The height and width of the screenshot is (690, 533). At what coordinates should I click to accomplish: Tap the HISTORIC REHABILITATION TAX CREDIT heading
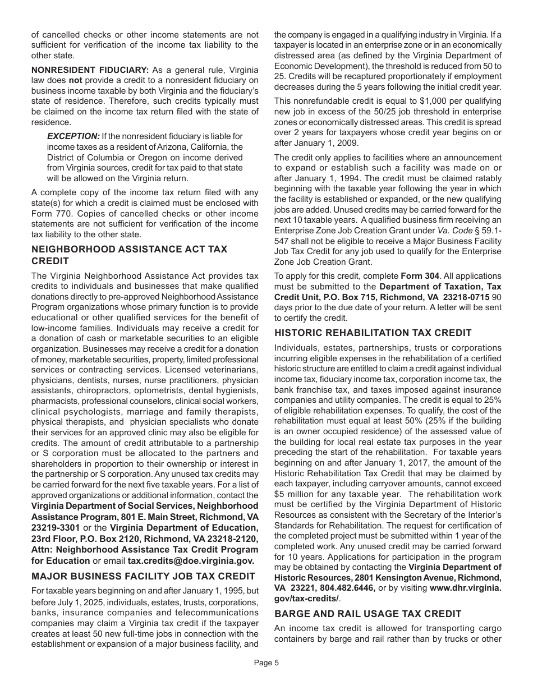pyautogui.click(x=373, y=333)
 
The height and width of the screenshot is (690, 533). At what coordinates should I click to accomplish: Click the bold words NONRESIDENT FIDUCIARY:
pyautogui.click(x=90, y=70)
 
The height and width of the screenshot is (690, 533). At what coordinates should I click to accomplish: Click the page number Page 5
pyautogui.click(x=266, y=663)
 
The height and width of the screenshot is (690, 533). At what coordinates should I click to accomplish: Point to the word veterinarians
pyautogui.click(x=231, y=370)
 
